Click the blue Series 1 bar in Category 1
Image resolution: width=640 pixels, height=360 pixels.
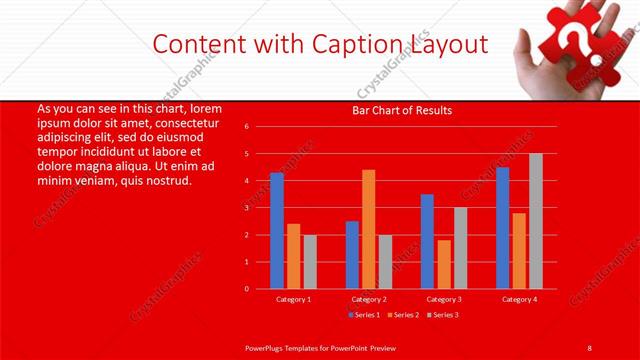point(277,231)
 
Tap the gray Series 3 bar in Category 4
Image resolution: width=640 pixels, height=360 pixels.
point(536,221)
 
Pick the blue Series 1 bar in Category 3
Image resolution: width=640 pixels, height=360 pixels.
point(427,241)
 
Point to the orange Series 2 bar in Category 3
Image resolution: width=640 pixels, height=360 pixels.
point(444,264)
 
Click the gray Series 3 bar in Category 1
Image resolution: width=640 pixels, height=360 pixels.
point(310,261)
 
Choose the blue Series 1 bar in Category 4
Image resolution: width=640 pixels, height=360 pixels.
point(502,228)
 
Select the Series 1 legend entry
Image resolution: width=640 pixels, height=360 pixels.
point(363,315)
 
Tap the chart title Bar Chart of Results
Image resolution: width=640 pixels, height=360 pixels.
point(403,110)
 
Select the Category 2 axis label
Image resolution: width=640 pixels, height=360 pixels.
point(369,299)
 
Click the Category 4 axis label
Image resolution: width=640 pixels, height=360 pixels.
point(519,299)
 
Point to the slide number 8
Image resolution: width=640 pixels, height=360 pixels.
point(590,346)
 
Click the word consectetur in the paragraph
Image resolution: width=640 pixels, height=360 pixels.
point(183,122)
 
